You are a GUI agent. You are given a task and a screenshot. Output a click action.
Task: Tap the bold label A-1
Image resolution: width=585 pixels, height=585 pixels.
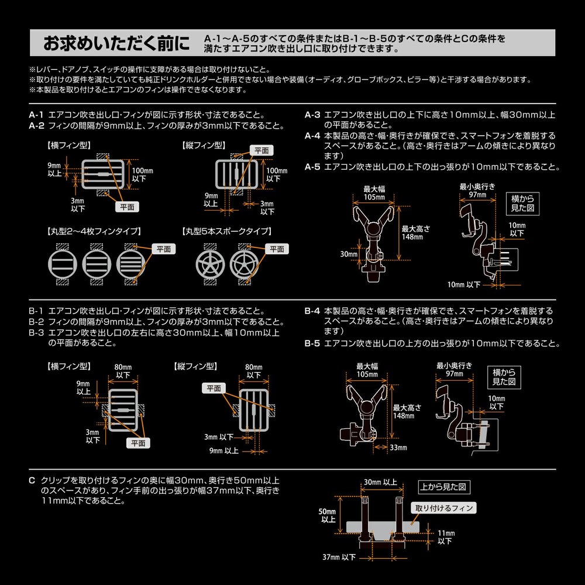coord(37,115)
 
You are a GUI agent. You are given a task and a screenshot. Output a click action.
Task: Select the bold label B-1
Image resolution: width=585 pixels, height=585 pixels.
coord(37,311)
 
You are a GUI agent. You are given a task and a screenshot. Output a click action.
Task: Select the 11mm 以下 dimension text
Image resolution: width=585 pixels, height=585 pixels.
coord(445,537)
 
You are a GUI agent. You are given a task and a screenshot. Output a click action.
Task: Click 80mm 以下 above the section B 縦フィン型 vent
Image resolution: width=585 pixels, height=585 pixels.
coord(253,370)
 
